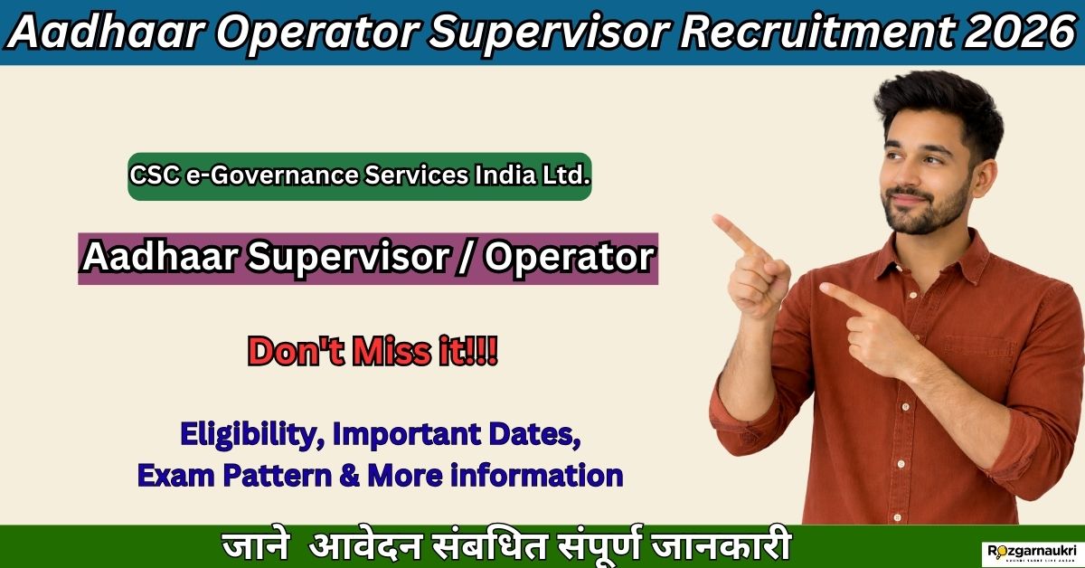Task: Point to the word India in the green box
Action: [508, 175]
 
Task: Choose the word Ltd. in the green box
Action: [568, 175]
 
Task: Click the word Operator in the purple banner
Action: [569, 259]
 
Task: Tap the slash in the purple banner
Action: [468, 259]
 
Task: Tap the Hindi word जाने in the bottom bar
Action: [257, 547]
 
